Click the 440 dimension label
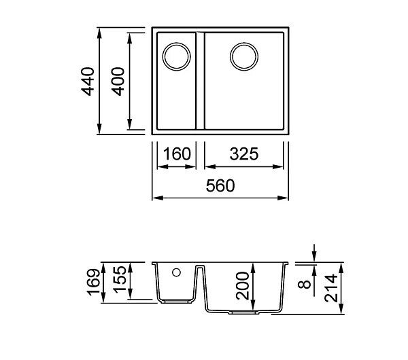click(88, 82)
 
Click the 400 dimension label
click(118, 82)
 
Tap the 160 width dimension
click(177, 154)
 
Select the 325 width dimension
click(244, 154)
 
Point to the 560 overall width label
click(220, 185)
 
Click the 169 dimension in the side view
click(93, 283)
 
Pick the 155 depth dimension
click(120, 279)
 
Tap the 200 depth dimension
click(243, 286)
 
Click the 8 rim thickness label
click(304, 284)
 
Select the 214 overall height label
click(331, 288)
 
